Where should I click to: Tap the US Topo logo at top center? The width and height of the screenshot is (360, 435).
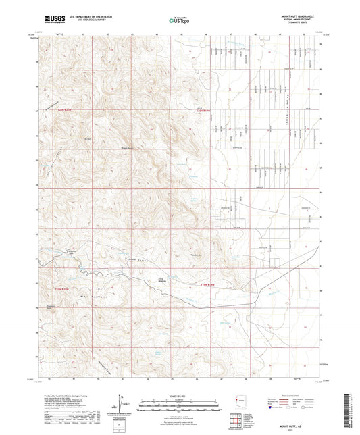(179, 20)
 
